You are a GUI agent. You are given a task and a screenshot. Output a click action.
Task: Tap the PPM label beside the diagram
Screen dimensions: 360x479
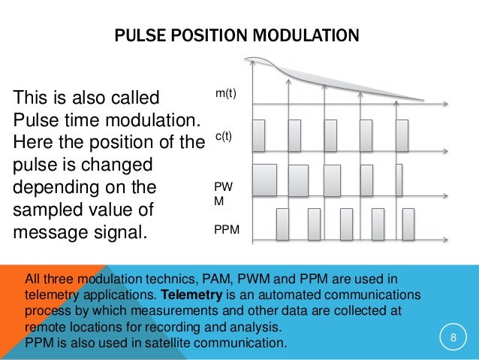click(x=227, y=225)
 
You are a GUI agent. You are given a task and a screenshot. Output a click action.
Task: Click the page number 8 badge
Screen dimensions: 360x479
click(x=453, y=337)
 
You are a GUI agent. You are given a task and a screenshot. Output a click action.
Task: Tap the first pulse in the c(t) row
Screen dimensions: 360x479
click(x=258, y=136)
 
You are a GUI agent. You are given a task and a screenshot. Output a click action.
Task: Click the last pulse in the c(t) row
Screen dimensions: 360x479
click(x=401, y=136)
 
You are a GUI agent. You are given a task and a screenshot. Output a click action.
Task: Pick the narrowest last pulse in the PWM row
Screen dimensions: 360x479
click(x=399, y=180)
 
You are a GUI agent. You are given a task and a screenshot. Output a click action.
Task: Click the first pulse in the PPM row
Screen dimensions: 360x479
click(x=283, y=223)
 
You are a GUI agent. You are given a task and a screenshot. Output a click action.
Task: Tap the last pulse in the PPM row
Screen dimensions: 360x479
click(x=408, y=223)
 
